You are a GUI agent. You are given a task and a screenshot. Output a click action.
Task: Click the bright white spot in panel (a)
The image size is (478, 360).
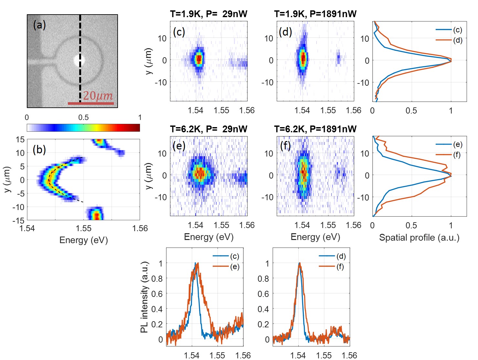[79, 60]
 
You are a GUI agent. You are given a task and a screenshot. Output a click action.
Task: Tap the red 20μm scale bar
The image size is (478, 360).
[91, 104]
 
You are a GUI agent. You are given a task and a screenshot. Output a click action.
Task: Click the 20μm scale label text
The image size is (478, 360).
[98, 96]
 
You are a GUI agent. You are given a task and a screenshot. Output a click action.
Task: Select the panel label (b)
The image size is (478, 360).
[39, 149]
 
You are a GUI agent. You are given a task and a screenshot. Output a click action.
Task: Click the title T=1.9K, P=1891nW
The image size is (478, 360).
[315, 14]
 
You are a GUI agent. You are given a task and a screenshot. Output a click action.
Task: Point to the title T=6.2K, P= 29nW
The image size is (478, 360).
[208, 129]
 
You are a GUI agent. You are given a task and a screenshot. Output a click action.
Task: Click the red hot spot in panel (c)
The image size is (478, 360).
[199, 59]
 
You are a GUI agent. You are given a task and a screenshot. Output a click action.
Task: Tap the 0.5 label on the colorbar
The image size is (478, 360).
[83, 117]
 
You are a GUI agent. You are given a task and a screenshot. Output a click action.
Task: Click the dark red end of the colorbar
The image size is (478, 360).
[137, 128]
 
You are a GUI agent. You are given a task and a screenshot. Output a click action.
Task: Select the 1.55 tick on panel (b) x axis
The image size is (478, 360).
[83, 228]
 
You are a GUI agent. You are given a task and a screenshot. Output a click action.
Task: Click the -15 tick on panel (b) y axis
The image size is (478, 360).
[20, 220]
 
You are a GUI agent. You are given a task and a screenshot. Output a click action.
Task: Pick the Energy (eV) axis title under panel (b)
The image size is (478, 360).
[83, 240]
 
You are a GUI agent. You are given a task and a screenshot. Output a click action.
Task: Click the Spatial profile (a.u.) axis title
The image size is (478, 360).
[419, 238]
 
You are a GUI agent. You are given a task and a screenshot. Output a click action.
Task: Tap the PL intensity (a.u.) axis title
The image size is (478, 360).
[144, 297]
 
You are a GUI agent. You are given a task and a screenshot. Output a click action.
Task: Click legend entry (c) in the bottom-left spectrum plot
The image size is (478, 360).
[234, 256]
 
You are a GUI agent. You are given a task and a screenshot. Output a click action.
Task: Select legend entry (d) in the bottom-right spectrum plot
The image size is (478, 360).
[341, 256]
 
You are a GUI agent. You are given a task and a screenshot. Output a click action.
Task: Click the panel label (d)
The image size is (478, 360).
[285, 32]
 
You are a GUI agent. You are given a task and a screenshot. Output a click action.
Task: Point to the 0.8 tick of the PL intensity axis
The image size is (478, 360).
[157, 278]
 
